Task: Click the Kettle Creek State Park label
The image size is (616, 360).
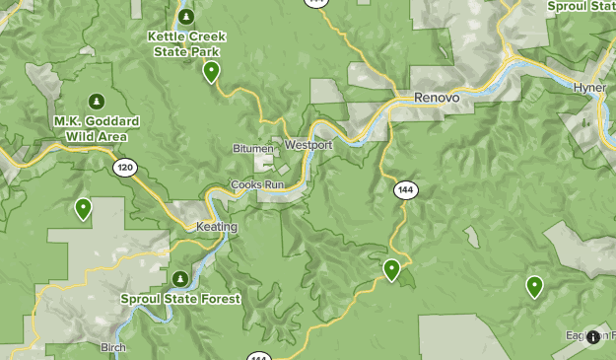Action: [186, 43]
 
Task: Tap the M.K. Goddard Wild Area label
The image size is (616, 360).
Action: [97, 128]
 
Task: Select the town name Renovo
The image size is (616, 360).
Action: [437, 98]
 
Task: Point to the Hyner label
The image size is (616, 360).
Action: [589, 88]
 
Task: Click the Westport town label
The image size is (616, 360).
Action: [308, 145]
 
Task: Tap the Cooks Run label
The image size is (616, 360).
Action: [257, 184]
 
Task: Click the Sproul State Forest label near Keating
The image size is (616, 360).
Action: [179, 298]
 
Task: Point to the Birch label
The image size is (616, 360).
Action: [113, 347]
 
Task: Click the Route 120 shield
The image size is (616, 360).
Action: [123, 168]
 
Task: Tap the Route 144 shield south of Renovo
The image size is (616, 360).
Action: [405, 188]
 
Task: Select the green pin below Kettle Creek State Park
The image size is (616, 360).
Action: [211, 72]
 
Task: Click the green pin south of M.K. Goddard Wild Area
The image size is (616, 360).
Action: [84, 208]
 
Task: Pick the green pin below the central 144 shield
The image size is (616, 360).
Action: [392, 269]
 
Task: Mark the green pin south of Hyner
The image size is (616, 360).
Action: [534, 286]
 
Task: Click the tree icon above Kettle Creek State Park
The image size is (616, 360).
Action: [187, 17]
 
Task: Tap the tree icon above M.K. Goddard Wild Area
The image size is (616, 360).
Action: [97, 101]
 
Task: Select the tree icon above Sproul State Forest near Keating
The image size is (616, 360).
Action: [179, 278]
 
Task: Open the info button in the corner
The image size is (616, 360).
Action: [593, 337]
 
